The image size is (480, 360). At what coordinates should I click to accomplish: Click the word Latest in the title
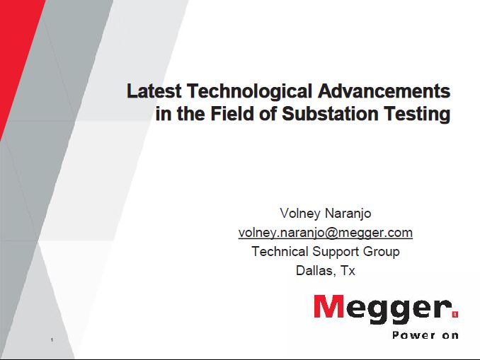tap(154, 91)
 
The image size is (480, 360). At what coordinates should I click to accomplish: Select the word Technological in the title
tap(249, 92)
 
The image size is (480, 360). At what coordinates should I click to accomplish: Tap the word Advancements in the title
tap(384, 91)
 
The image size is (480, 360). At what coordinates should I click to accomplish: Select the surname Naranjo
tap(348, 214)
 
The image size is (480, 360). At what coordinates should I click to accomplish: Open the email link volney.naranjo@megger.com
tap(326, 233)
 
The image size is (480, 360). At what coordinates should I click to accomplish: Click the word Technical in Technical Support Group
tap(280, 251)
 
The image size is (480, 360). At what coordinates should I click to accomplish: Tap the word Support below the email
tap(336, 252)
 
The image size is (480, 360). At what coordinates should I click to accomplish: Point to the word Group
tap(381, 252)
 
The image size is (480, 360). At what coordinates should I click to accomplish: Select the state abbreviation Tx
tap(348, 271)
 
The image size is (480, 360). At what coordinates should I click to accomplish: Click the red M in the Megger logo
tap(329, 306)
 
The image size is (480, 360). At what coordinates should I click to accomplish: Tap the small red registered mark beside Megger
tap(455, 314)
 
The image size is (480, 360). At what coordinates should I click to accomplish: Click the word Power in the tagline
tap(414, 335)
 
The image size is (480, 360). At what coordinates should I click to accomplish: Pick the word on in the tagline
tap(450, 336)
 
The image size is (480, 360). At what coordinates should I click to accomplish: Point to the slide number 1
tap(52, 339)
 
